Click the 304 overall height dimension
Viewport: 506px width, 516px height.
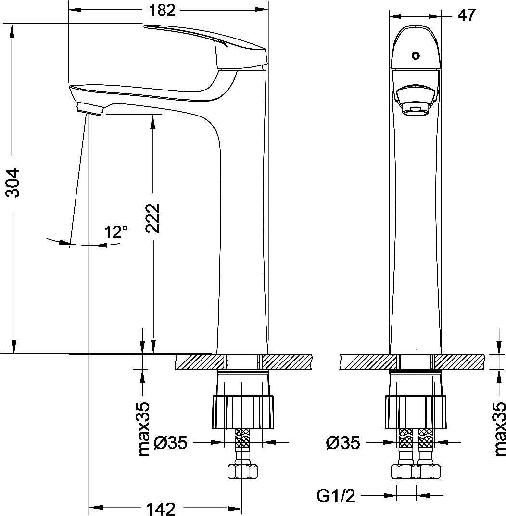point(13,182)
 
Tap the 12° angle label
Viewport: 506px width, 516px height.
point(116,232)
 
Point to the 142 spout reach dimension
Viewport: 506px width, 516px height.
point(160,508)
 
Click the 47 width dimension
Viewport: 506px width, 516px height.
point(466,15)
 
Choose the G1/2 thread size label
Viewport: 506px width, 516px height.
point(336,496)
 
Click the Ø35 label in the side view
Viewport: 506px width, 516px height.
point(171,442)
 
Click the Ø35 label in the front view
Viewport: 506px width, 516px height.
point(343,442)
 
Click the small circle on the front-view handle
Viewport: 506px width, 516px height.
point(416,56)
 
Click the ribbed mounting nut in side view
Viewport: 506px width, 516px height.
point(242,412)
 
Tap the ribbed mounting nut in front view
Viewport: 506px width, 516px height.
point(416,412)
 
